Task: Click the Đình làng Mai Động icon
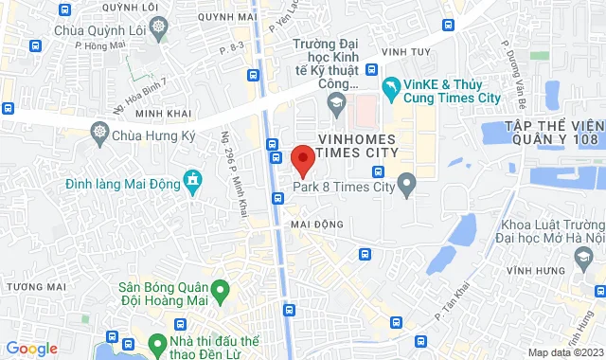[193, 180]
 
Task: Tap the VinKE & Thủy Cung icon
[391, 87]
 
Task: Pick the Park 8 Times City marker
[408, 182]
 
